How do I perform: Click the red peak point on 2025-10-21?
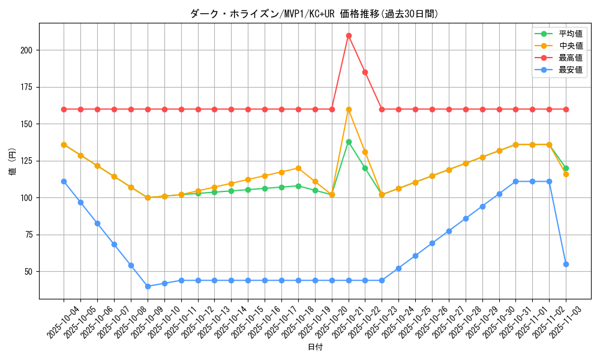(349, 35)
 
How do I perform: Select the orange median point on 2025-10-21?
(349, 109)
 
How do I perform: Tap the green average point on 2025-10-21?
(349, 142)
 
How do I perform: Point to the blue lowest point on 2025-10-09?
(148, 286)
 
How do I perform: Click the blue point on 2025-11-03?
(566, 264)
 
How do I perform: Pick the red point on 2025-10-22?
(365, 72)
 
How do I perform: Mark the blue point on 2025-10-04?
(64, 181)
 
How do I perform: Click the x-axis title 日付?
(315, 347)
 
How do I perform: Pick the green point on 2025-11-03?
(566, 168)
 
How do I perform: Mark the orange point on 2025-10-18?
(298, 169)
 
